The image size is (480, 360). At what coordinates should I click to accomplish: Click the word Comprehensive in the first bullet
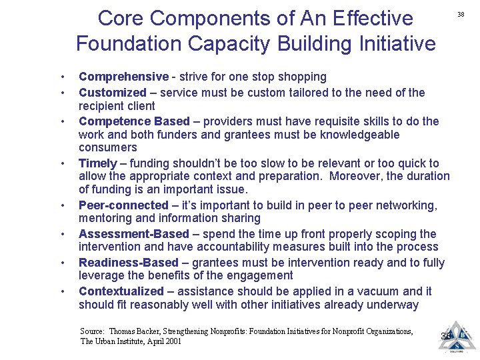pyautogui.click(x=123, y=77)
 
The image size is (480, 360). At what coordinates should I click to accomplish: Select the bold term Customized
pyautogui.click(x=112, y=93)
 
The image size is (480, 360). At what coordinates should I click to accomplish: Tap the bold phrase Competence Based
pyautogui.click(x=134, y=121)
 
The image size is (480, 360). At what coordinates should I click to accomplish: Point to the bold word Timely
pyautogui.click(x=98, y=163)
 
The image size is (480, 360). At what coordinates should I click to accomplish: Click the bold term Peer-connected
pyautogui.click(x=123, y=205)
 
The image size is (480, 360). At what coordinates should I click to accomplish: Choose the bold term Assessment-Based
pyautogui.click(x=134, y=234)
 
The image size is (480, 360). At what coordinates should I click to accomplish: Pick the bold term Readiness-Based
pyautogui.click(x=129, y=263)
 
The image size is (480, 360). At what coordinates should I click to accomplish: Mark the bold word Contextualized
pyautogui.click(x=121, y=291)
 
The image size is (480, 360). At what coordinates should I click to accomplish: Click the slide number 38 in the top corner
pyautogui.click(x=460, y=15)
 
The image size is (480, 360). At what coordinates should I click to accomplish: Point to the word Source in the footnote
pyautogui.click(x=92, y=331)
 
